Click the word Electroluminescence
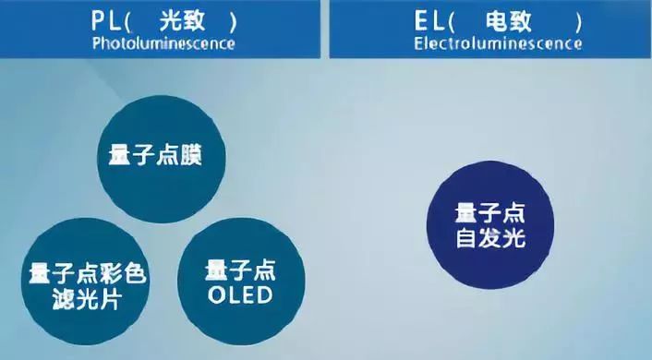[x=499, y=42]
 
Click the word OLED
[x=238, y=296]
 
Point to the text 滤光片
[x=89, y=299]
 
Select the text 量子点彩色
[x=89, y=274]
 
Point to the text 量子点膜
[x=151, y=156]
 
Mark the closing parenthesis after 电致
[x=578, y=19]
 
